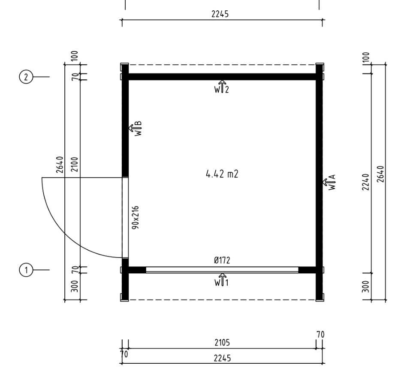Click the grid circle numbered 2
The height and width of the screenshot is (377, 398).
coord(26,77)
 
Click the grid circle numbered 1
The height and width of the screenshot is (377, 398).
coord(26,270)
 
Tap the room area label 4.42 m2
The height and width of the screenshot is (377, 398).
coord(222,174)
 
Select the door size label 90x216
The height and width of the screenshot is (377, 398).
coord(136,218)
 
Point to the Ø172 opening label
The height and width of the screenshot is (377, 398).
coord(222,260)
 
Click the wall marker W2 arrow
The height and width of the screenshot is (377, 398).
coord(222,87)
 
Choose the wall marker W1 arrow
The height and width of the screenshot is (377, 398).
coord(222,280)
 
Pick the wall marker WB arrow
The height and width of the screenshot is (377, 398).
coord(135,128)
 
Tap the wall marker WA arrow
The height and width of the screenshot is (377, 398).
coord(329,182)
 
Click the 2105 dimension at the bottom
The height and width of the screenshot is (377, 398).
coord(222,343)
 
